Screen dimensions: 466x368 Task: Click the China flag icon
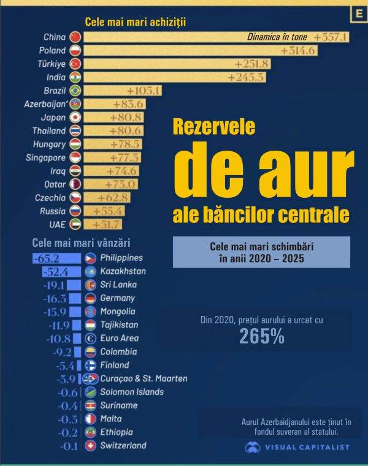click(x=75, y=37)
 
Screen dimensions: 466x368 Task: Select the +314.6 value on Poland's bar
click(x=299, y=50)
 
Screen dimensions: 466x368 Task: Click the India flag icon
click(x=75, y=77)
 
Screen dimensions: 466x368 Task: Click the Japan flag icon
click(x=75, y=118)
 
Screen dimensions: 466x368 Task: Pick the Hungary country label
click(x=50, y=145)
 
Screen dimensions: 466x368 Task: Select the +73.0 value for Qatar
click(x=120, y=184)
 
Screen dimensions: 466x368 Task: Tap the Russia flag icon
click(x=75, y=211)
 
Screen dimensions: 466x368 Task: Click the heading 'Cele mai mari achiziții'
click(x=135, y=22)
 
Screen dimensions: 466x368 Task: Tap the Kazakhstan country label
click(x=123, y=271)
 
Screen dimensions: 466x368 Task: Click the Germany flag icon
click(x=90, y=298)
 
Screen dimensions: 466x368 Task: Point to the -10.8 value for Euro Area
click(x=59, y=338)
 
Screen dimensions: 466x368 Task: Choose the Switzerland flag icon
click(x=90, y=445)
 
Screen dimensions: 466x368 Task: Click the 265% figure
click(x=262, y=336)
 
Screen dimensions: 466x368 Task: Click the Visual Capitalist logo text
click(x=307, y=447)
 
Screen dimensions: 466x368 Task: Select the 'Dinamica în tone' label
click(x=277, y=37)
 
